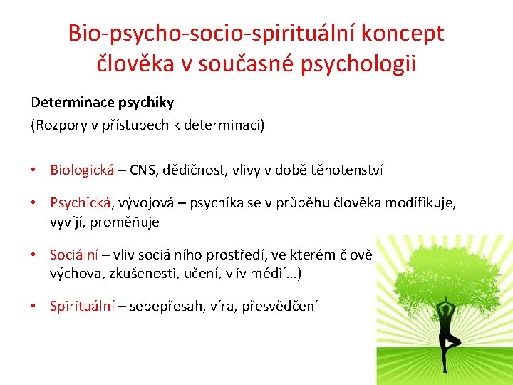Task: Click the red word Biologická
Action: tap(82, 170)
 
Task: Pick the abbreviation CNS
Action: tap(142, 170)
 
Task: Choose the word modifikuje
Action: tap(420, 204)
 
